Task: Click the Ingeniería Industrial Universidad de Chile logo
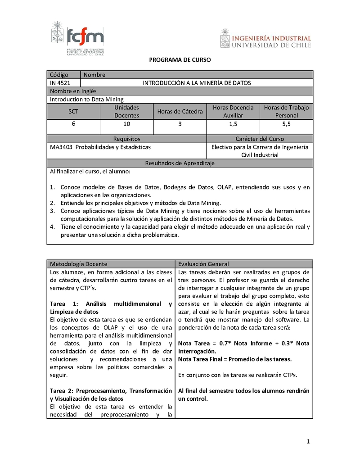[x=265, y=38]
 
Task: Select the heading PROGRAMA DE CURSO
[x=180, y=60]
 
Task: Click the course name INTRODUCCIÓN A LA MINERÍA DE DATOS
[x=197, y=83]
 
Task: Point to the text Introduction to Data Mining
[x=86, y=100]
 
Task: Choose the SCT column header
[x=73, y=111]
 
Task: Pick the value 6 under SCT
[x=73, y=123]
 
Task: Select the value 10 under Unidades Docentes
[x=126, y=123]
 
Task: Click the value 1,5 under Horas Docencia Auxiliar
[x=233, y=123]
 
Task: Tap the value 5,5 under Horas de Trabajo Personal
[x=286, y=123]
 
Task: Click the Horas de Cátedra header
[x=180, y=111]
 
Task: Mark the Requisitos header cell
[x=126, y=139]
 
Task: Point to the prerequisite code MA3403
[x=61, y=147]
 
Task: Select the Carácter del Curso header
[x=260, y=139]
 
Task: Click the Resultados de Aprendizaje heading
[x=180, y=163]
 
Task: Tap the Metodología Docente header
[x=79, y=264]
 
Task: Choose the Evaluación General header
[x=203, y=264]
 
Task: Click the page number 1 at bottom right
[x=308, y=442]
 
